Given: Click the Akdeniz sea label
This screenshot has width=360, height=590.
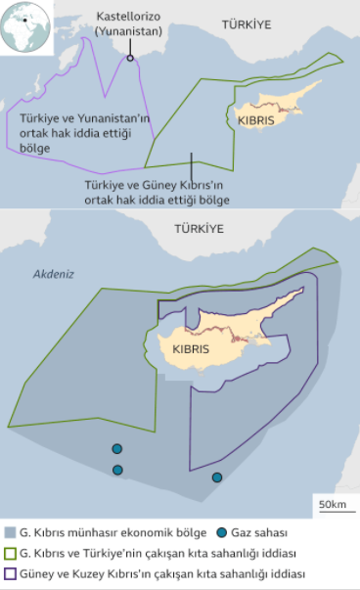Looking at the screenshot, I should [x=53, y=275].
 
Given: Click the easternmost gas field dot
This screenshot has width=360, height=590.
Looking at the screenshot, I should [x=217, y=477].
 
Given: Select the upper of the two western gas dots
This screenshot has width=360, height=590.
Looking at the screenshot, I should [x=117, y=449].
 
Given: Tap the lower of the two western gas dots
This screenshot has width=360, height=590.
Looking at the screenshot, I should [x=117, y=471].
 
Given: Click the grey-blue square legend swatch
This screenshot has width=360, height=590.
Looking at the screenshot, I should [x=11, y=533].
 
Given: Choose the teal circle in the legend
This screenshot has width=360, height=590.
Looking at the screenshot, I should [x=222, y=533].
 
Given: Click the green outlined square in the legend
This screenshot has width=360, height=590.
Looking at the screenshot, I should [x=11, y=554].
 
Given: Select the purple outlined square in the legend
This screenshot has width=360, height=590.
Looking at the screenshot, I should [x=11, y=574].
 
